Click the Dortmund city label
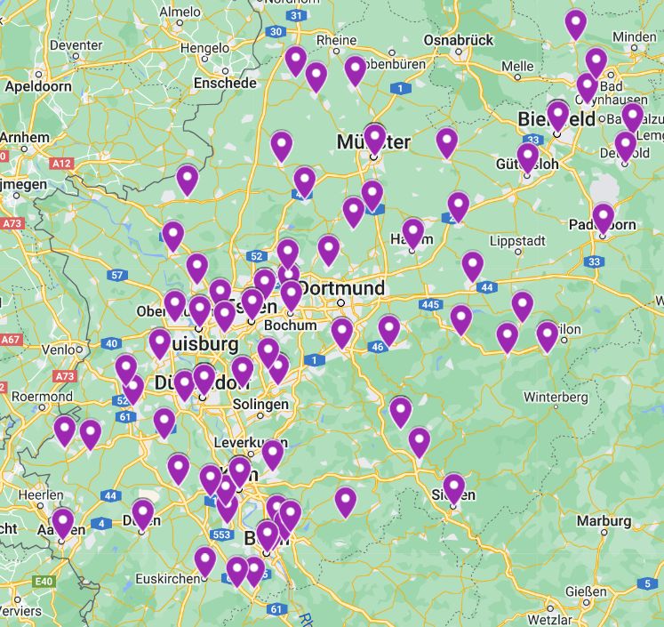point(342,288)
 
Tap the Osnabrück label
point(459,40)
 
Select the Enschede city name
point(227,83)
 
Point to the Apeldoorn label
point(38,86)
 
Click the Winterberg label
point(556,396)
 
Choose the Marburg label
point(604,520)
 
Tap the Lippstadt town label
point(518,241)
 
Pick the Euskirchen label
point(167,578)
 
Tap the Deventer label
point(76,45)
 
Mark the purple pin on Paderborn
point(604,218)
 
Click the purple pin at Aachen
point(62,522)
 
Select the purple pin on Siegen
point(454,487)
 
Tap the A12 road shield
point(61,164)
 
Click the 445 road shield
point(431,305)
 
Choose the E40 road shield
point(42,582)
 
